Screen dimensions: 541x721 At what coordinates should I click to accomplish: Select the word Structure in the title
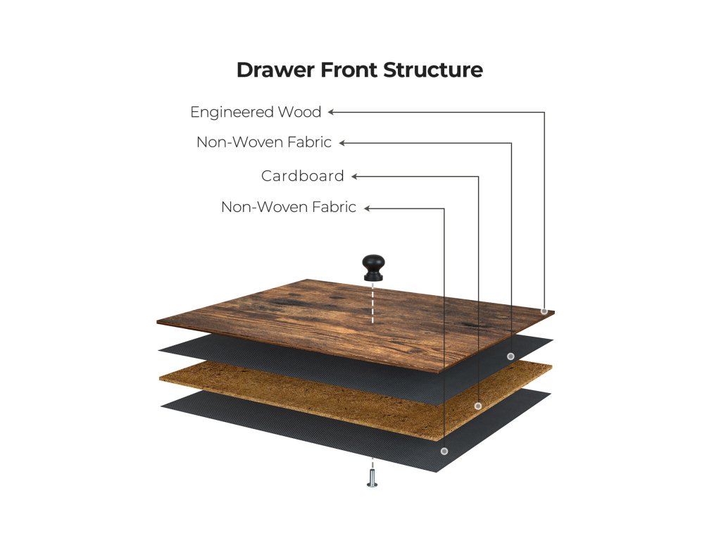(433, 70)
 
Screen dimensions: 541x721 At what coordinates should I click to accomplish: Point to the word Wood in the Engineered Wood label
(299, 112)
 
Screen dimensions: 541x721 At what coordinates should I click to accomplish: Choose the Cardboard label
(303, 176)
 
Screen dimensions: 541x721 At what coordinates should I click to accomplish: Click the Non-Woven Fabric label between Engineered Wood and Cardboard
(264, 142)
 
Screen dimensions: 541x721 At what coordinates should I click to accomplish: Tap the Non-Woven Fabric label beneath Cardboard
(289, 207)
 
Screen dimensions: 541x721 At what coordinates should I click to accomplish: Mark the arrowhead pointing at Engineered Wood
(331, 111)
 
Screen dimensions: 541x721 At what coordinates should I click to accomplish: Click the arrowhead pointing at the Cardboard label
(354, 176)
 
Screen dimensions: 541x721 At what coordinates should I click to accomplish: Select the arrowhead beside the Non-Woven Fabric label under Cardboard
(367, 208)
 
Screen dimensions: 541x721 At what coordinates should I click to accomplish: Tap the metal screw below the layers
(372, 479)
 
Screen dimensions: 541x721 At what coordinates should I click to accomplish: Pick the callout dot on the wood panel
(544, 311)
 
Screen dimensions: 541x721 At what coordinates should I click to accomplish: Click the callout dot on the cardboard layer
(478, 406)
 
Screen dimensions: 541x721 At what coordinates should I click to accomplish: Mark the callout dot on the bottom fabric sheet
(444, 451)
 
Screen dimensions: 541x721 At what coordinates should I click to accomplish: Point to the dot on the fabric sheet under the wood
(510, 356)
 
